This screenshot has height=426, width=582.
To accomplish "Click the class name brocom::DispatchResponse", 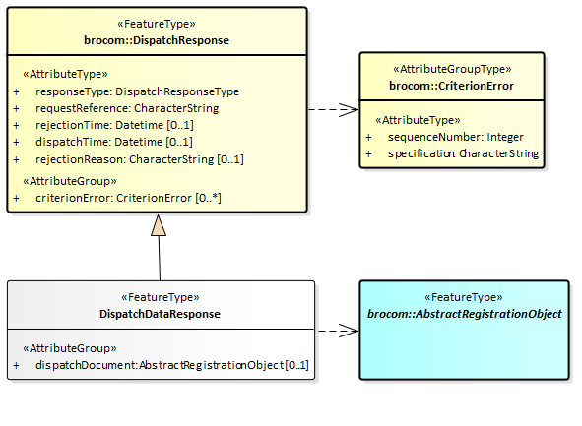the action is click(x=157, y=40).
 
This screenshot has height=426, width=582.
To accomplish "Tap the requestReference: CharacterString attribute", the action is click(x=127, y=108).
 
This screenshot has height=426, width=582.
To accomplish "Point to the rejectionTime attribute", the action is click(x=114, y=125).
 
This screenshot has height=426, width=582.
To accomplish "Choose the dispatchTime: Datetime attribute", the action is click(x=114, y=142).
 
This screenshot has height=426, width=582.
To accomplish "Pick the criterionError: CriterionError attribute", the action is click(x=128, y=198).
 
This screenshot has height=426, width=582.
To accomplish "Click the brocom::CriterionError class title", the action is click(x=451, y=86).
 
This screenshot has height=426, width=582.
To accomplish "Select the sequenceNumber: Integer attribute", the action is click(x=456, y=137).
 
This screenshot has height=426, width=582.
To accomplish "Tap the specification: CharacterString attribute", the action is click(x=463, y=153).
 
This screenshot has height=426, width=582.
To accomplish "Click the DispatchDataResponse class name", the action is click(x=160, y=314).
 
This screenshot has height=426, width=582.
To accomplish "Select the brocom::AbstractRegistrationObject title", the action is click(x=465, y=314).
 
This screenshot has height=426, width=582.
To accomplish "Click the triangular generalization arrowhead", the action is click(x=159, y=225).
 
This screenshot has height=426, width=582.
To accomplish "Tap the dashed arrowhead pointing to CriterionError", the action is click(x=349, y=110).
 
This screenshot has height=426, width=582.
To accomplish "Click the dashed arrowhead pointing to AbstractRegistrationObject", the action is click(x=349, y=331).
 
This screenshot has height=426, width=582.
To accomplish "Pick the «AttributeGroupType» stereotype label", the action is click(x=452, y=69).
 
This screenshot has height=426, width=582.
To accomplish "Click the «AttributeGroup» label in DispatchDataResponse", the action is click(x=70, y=348).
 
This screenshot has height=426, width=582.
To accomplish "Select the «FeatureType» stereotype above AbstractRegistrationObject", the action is click(x=464, y=297).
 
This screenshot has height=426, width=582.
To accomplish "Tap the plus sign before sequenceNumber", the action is click(x=368, y=137).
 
